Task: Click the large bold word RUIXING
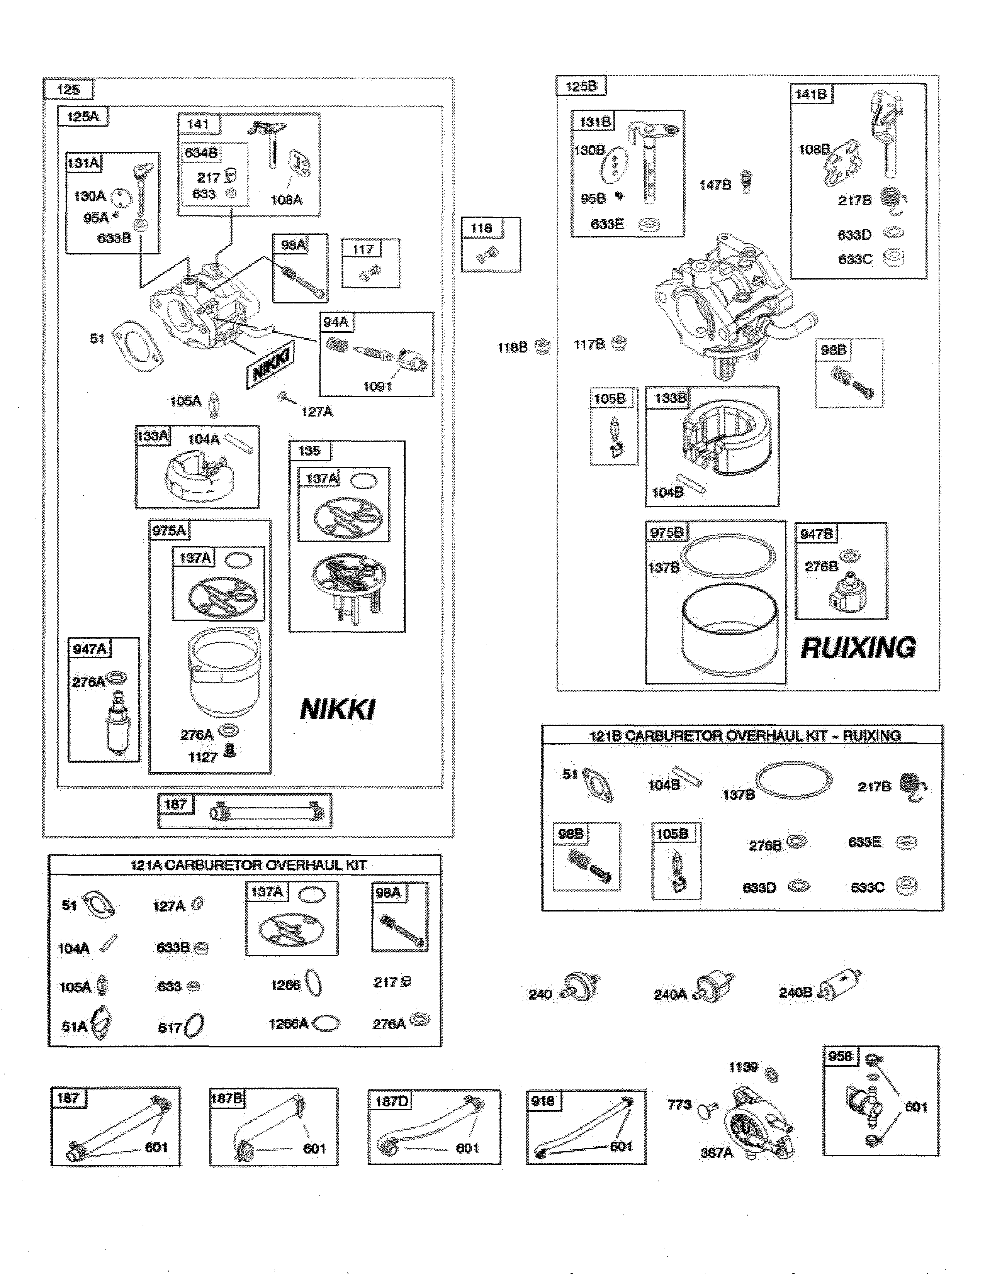pos(858,648)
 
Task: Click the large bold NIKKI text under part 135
pos(337,709)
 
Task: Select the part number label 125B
pos(581,86)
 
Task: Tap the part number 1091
pos(377,386)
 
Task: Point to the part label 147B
pos(715,185)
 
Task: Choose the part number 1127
pos(202,757)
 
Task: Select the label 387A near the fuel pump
pos(716,1152)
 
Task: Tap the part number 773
pos(679,1104)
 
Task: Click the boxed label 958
pos(840,1056)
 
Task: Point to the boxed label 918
pos(543,1101)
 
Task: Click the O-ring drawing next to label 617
pos(194,1025)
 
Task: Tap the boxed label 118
pos(481,228)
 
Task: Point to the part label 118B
pos(512,348)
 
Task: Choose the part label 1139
pos(743,1067)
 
